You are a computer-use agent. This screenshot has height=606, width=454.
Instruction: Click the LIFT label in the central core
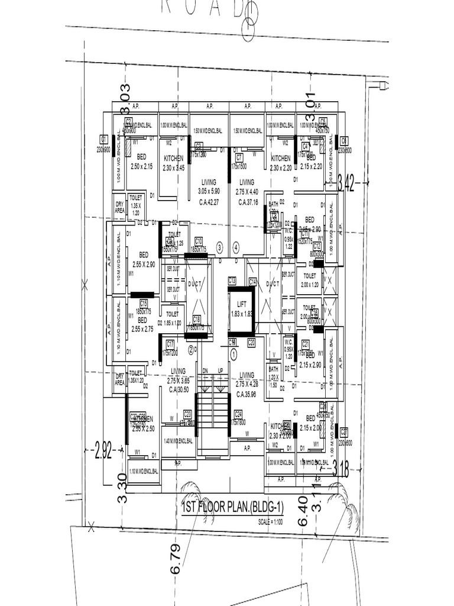(241, 304)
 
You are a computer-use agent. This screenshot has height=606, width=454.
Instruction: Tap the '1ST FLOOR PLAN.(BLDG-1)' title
(234, 507)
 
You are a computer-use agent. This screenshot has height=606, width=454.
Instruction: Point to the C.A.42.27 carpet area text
(208, 202)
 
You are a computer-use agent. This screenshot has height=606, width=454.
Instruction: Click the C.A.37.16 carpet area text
(247, 202)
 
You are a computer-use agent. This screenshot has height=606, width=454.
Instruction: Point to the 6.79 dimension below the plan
(176, 559)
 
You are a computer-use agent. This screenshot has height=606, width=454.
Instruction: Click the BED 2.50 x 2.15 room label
(141, 162)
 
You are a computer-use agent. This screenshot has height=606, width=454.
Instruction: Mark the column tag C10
(199, 240)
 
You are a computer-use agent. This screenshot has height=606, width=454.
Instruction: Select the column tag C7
(239, 157)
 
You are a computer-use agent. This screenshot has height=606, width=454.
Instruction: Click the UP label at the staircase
(220, 370)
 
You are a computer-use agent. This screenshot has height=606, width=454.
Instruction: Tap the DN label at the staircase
(206, 370)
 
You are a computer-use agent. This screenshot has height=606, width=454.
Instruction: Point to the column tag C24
(238, 414)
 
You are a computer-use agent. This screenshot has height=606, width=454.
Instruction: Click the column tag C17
(170, 343)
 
